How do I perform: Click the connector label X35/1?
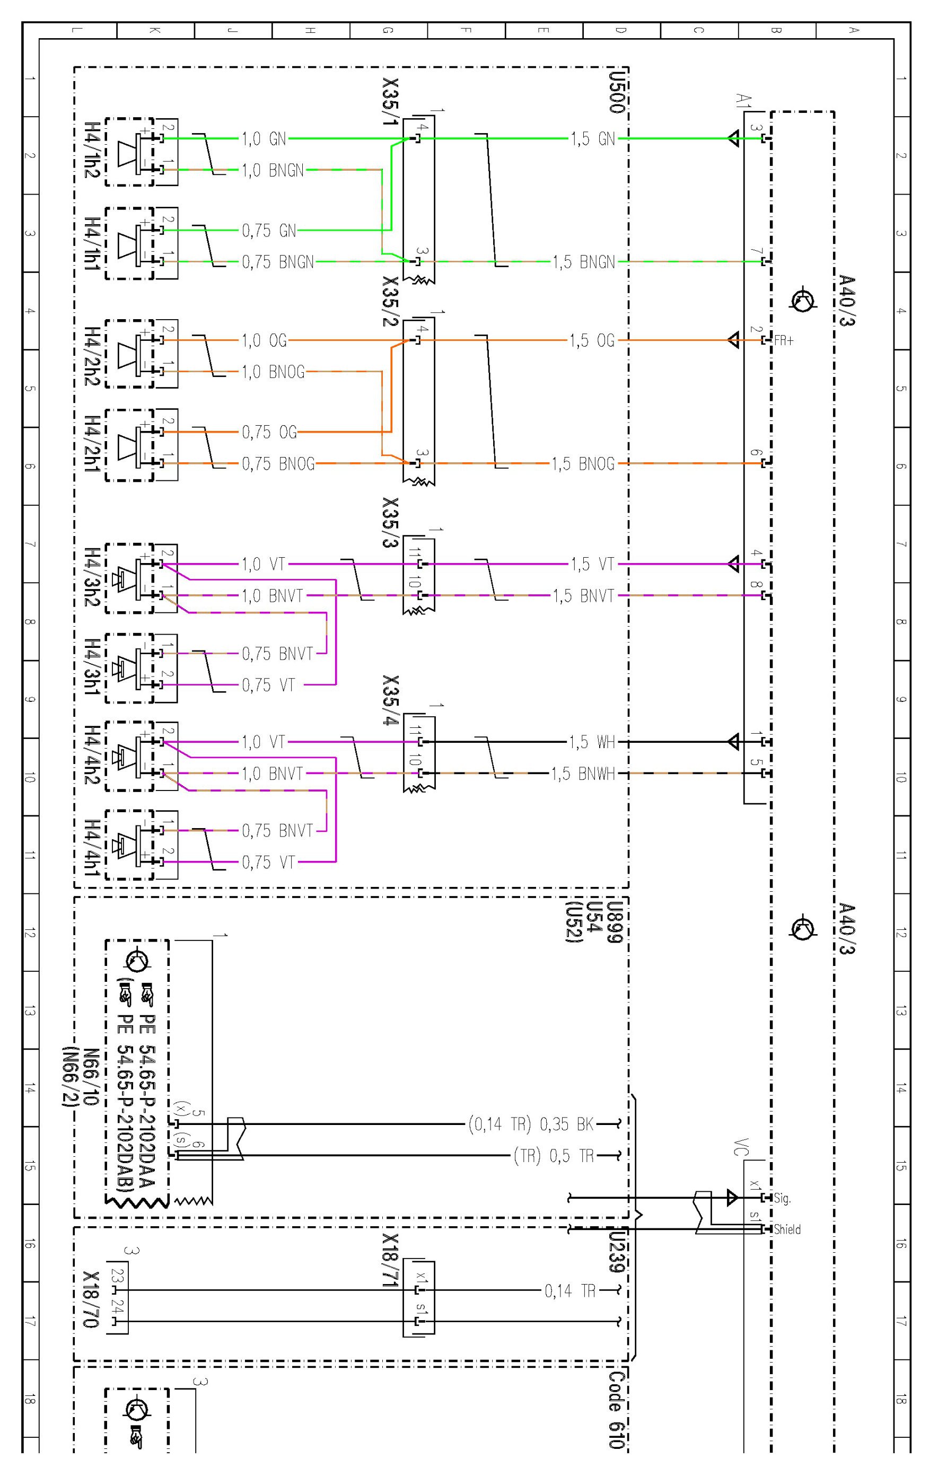391,102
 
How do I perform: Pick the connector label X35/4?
391,700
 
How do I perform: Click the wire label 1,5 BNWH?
582,774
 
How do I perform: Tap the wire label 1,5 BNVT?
582,596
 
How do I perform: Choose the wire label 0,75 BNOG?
278,464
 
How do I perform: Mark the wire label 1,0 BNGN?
273,170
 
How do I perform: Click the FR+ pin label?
784,341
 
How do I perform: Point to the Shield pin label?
787,1229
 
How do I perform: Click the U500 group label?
616,91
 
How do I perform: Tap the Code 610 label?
616,1409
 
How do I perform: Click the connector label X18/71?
391,1260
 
